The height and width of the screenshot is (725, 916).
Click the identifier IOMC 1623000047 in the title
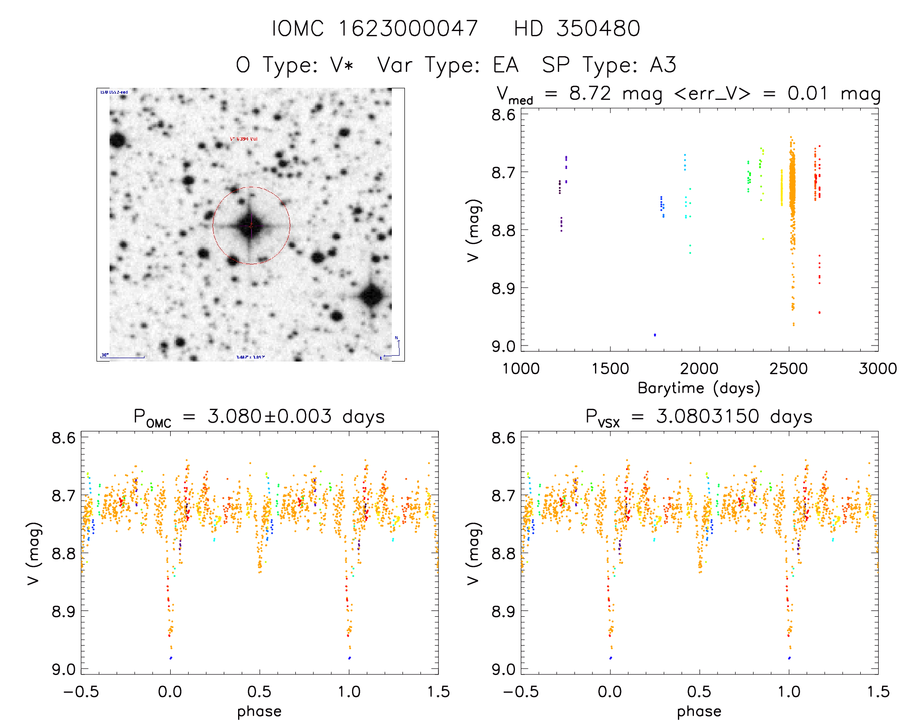pos(375,29)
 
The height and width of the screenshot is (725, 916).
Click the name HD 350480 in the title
pos(577,29)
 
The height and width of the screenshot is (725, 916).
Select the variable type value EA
pos(506,65)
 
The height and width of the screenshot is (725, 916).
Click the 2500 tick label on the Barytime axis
pos(788,369)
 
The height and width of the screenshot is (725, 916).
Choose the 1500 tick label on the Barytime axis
pos(610,369)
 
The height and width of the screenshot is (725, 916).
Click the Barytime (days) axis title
pos(699,388)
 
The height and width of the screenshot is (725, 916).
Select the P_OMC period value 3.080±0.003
pos(270,416)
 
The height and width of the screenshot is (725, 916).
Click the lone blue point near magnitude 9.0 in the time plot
pos(655,335)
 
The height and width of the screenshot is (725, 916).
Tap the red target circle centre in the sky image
pos(251,226)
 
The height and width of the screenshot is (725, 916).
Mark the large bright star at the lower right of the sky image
pos(372,295)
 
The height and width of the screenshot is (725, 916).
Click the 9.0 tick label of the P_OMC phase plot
pos(64,669)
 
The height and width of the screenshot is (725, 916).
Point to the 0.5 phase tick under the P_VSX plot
pos(699,692)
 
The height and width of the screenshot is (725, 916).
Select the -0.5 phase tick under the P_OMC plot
pos(81,692)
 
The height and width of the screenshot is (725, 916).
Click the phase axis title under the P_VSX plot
pos(699,711)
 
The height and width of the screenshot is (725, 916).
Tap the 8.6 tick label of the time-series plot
pos(503,115)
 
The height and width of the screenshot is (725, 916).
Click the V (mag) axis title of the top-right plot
pos(474,230)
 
